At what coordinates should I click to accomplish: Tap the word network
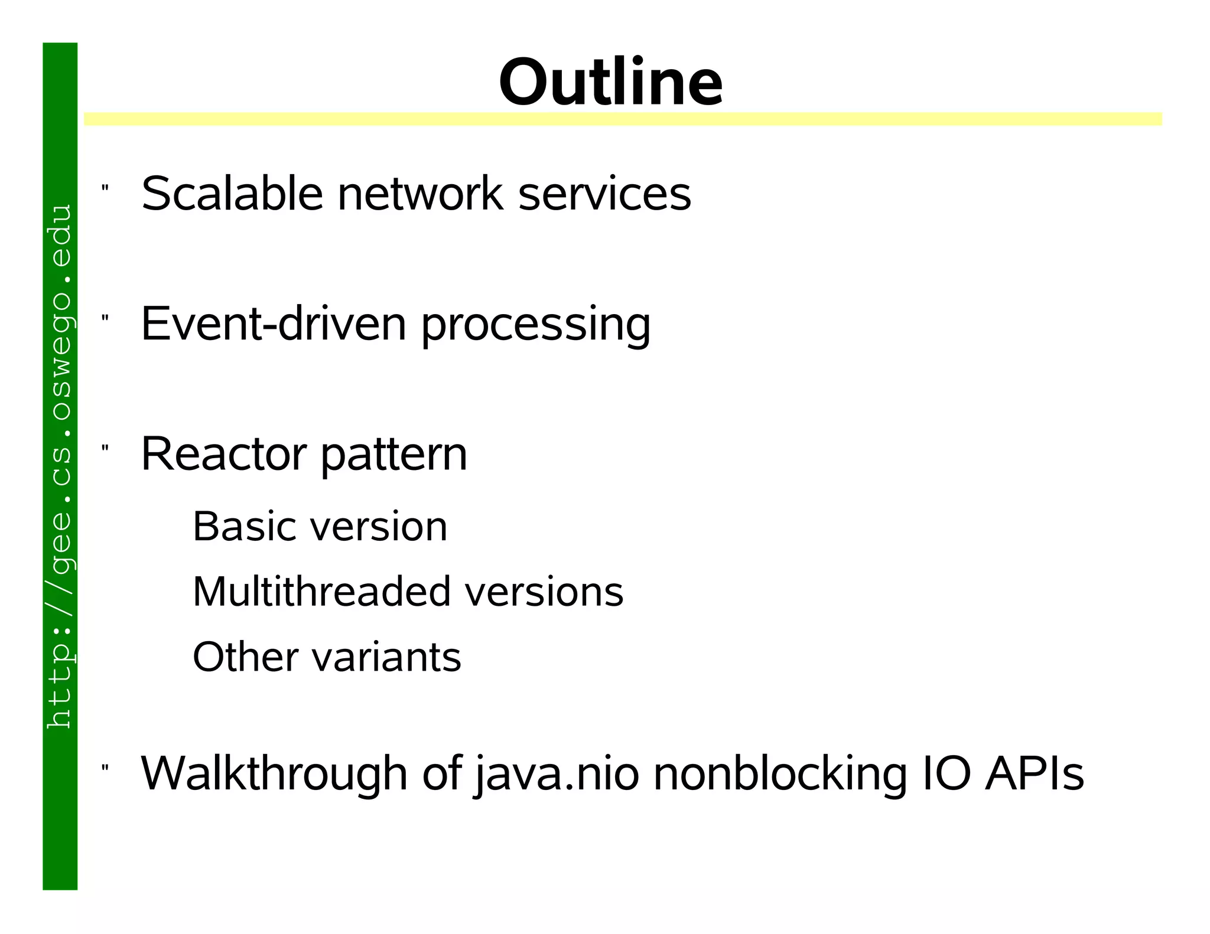pos(420,194)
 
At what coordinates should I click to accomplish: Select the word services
pos(604,194)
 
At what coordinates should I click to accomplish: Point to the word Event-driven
pos(274,324)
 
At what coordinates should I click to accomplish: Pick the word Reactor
pos(223,455)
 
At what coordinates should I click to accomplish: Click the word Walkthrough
pos(274,773)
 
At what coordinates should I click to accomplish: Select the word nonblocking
pos(780,775)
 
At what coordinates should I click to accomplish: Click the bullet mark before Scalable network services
pos(105,188)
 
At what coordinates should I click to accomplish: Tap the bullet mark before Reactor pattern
pos(105,449)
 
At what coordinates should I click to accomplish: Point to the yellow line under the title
pos(623,119)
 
